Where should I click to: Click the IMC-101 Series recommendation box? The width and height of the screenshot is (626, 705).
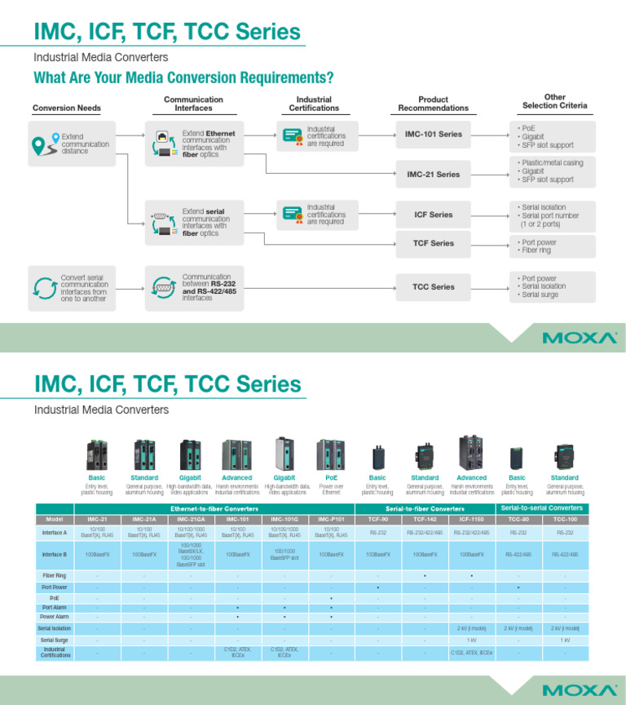coord(433,135)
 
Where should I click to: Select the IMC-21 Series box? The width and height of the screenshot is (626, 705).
coord(433,174)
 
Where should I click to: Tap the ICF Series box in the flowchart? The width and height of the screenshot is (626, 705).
coord(433,215)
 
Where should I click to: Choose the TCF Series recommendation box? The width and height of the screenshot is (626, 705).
coord(433,243)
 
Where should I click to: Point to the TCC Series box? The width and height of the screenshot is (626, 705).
coord(433,287)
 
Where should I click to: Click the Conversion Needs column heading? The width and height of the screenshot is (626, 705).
coord(67,108)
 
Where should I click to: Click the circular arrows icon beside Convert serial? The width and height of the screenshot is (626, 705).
coord(44,287)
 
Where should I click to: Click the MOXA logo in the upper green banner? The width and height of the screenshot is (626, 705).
coord(580,338)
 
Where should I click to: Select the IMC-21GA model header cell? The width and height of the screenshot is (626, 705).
coord(191,519)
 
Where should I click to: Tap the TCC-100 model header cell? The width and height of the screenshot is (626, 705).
coord(565,519)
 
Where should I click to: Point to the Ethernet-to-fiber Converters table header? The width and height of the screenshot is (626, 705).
coord(214,508)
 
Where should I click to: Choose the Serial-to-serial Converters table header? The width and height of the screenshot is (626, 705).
coord(541,508)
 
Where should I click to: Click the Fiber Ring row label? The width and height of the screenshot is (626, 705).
coord(55,575)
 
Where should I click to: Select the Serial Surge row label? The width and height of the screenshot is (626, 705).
coord(55,640)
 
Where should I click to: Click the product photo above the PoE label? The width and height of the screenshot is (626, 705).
coord(331,454)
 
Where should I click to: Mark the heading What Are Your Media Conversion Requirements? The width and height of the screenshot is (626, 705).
coord(183,78)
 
